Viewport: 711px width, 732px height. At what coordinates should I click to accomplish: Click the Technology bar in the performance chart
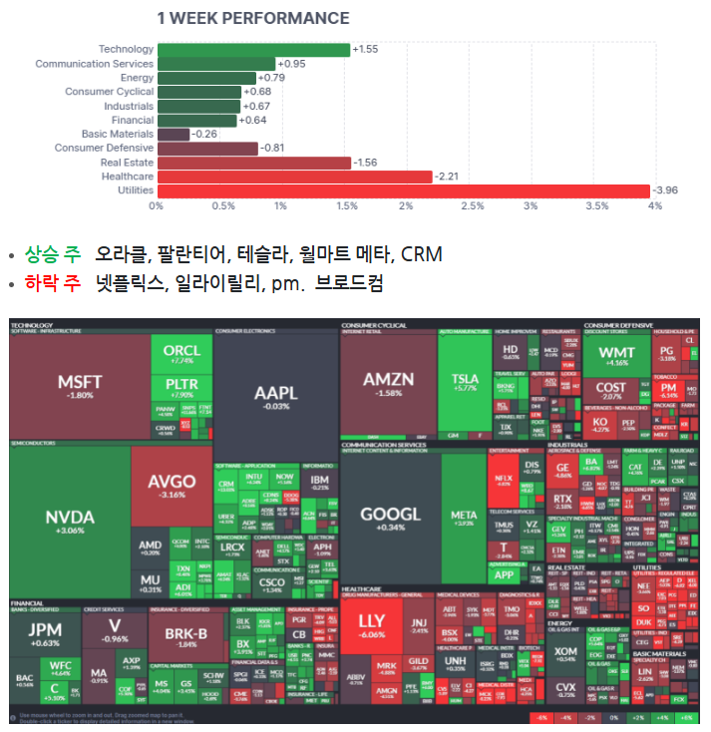[253, 50]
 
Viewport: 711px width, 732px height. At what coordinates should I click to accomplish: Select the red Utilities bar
[403, 190]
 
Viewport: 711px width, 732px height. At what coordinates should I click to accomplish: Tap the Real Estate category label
[127, 163]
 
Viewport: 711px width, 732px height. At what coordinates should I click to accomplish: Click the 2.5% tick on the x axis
[468, 206]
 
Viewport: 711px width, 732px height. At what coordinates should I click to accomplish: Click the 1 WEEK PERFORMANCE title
[253, 18]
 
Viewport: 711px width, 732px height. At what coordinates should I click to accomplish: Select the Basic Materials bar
[174, 135]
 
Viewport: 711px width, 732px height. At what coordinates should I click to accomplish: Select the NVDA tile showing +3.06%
[70, 521]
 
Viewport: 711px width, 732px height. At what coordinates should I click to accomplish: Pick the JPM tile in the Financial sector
[45, 634]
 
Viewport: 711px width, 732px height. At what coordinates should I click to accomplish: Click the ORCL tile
[181, 354]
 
